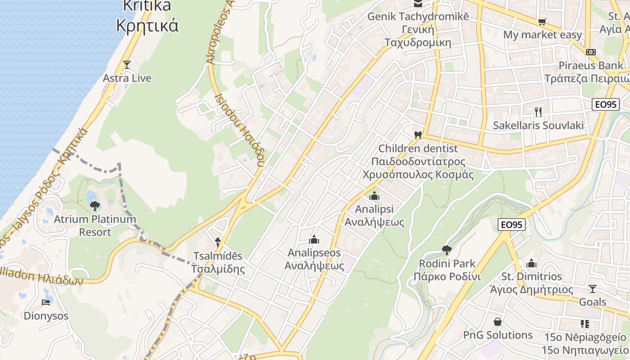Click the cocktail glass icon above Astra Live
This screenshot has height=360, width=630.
coord(127,65)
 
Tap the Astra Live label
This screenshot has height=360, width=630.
coord(127,78)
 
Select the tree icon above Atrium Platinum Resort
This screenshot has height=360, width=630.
coord(94,206)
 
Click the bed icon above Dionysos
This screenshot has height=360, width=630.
coord(46,302)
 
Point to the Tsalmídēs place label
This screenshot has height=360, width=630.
coord(218,263)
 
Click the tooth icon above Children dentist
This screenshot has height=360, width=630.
coord(418,135)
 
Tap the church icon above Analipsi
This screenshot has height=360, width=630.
coord(374,196)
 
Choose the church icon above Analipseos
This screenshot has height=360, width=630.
coord(314,239)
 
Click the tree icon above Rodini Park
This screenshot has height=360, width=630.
coord(446,250)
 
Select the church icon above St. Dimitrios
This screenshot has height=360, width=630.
coord(531,263)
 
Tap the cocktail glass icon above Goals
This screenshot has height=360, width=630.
coord(593,288)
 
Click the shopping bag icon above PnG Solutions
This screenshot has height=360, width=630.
coord(498,322)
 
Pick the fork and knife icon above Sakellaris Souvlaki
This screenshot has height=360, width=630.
coord(538,112)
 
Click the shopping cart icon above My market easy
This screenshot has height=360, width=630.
coord(542,22)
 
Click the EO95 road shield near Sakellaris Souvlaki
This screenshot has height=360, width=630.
coord(606,105)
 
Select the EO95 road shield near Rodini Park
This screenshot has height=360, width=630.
coord(512,225)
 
